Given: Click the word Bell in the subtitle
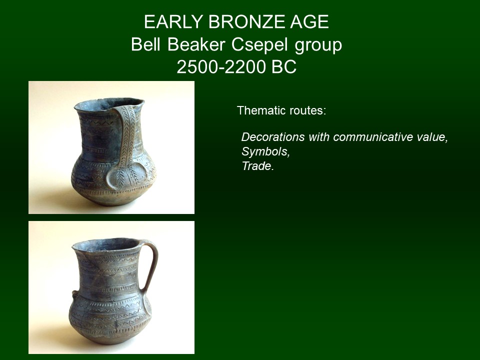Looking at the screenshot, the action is coord(145,44).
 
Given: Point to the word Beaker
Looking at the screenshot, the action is coord(196,44).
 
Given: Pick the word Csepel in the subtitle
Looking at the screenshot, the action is coord(259,45).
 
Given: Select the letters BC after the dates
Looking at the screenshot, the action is coord(284,66).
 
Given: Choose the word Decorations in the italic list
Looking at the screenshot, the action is coord(273,137).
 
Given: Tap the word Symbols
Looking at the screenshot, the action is coord(265,152).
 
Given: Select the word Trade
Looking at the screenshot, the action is coord(257,166).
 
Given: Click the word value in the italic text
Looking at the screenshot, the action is coord(432,137).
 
